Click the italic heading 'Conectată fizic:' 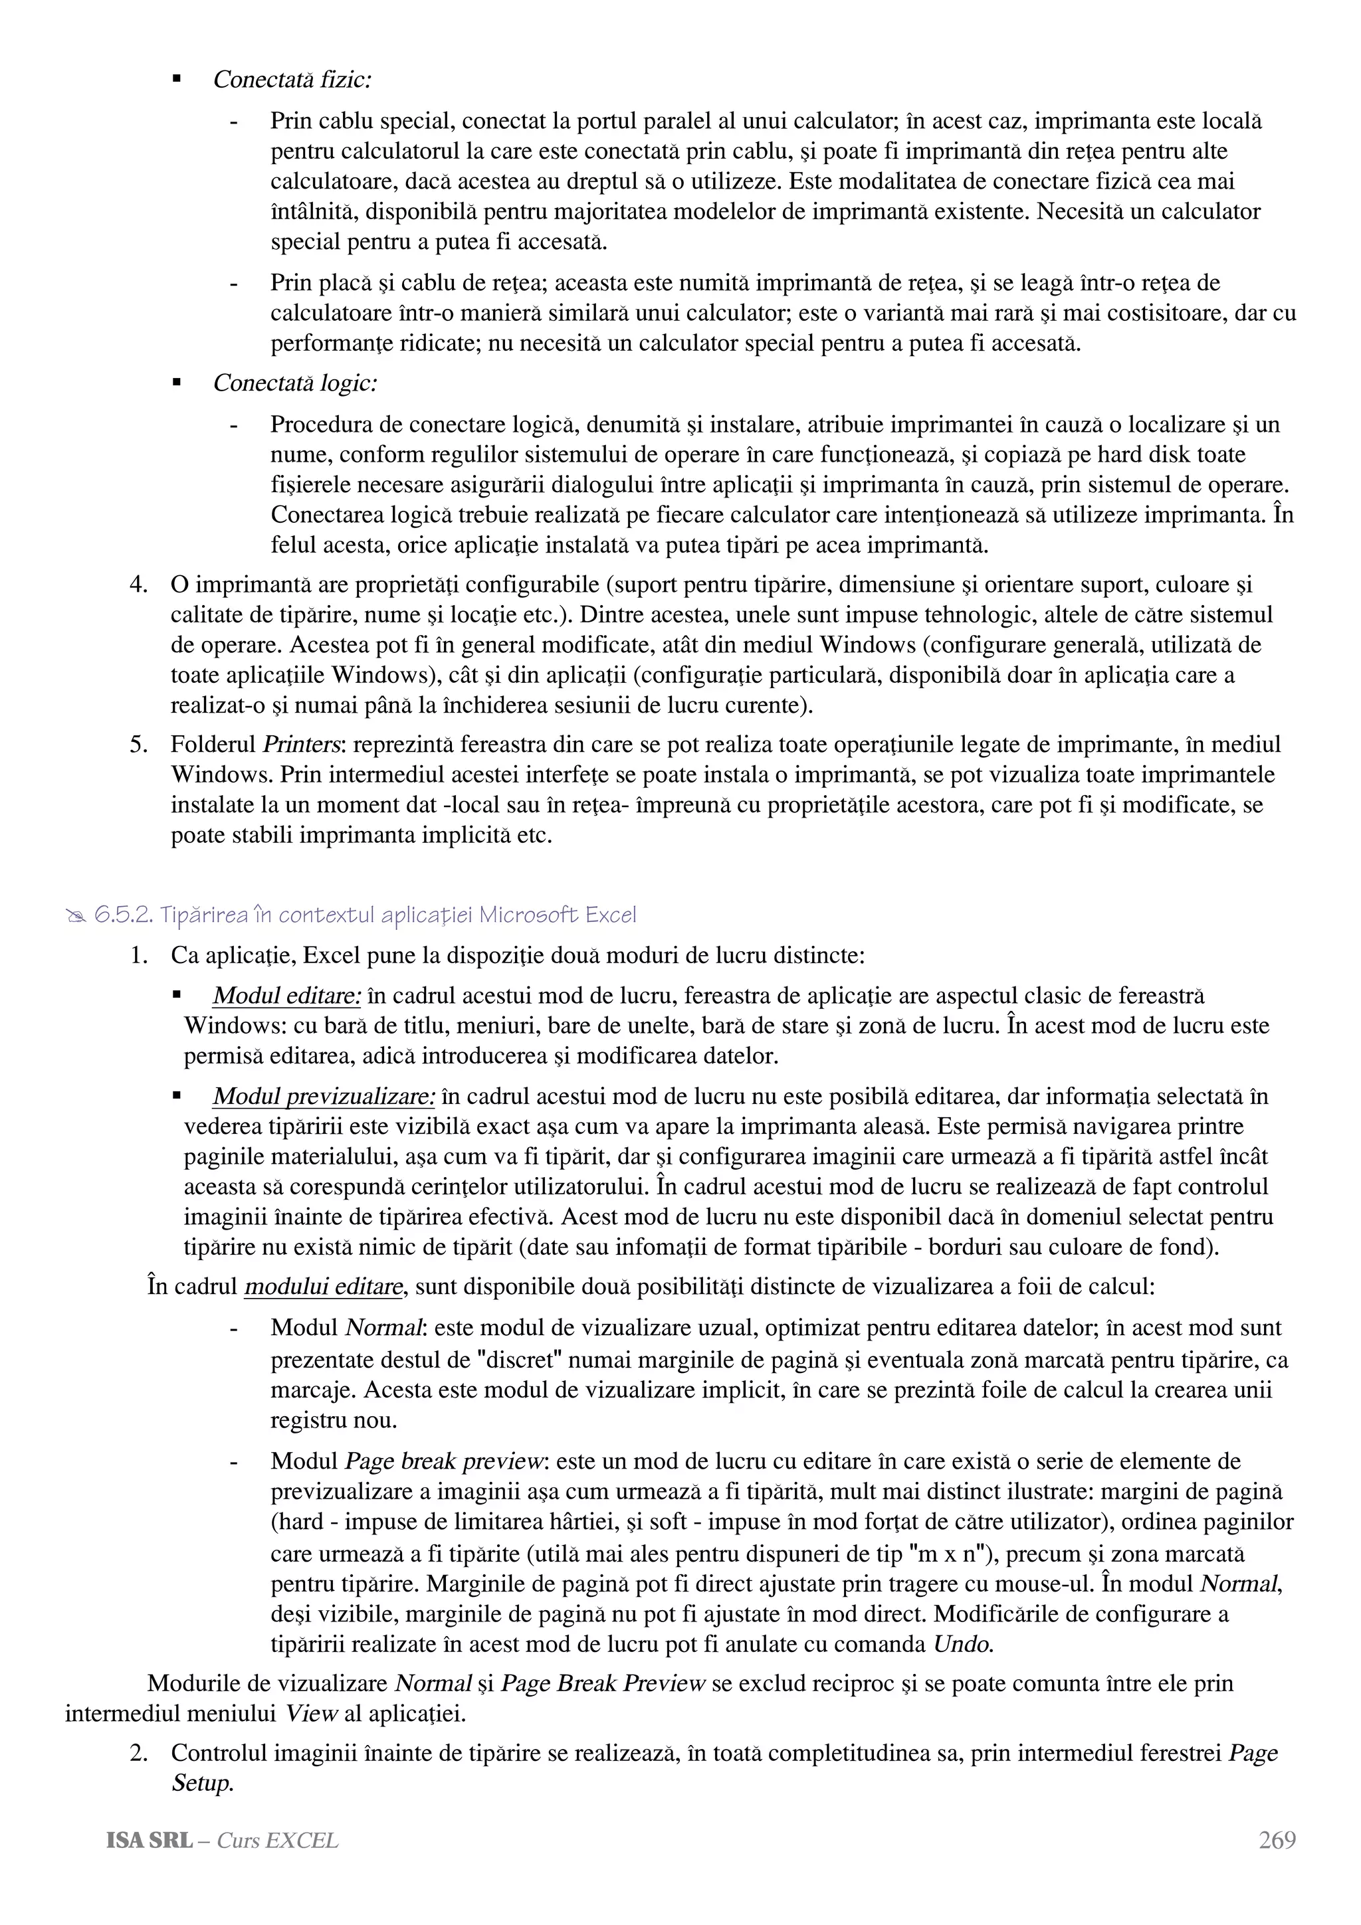(x=292, y=80)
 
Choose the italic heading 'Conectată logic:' (x=294, y=383)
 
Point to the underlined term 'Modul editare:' (x=287, y=996)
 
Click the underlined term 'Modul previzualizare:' (x=324, y=1097)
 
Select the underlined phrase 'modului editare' (x=324, y=1287)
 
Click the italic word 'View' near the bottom (x=310, y=1714)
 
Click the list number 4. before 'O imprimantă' (x=138, y=585)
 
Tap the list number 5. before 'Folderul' (x=138, y=745)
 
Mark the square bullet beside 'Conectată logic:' (x=176, y=383)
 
